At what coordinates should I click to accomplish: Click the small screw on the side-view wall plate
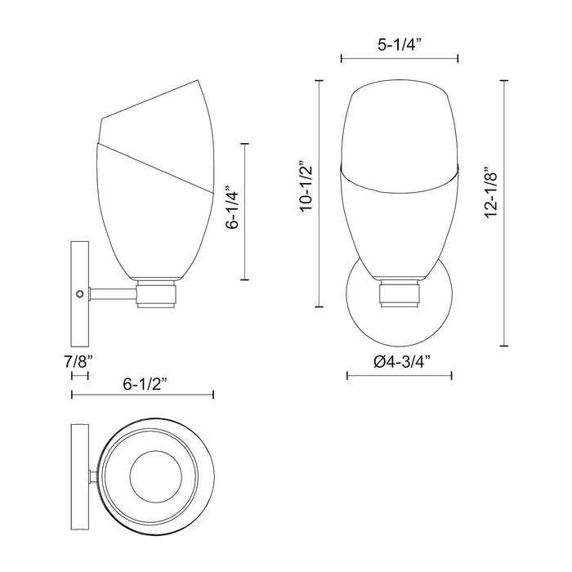coord(79,293)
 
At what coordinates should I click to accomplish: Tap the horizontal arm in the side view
coord(113,292)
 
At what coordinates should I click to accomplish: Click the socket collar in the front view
coord(400,292)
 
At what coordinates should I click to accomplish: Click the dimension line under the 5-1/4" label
coord(399,58)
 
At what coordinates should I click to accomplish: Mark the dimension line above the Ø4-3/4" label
coord(400,376)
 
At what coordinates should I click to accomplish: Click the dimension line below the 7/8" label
coord(80,376)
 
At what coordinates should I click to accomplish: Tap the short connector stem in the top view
coord(94,476)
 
